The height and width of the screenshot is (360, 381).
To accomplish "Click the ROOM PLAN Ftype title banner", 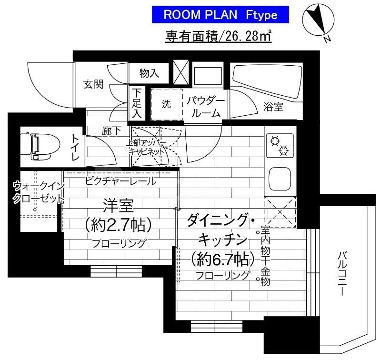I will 221,14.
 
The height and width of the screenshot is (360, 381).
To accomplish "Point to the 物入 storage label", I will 149,73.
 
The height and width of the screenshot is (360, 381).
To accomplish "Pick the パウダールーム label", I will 205,106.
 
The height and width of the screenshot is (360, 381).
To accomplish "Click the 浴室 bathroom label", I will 273,107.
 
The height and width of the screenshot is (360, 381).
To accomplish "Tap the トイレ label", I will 76,147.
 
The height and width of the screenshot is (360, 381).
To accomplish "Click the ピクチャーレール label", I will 120,181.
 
